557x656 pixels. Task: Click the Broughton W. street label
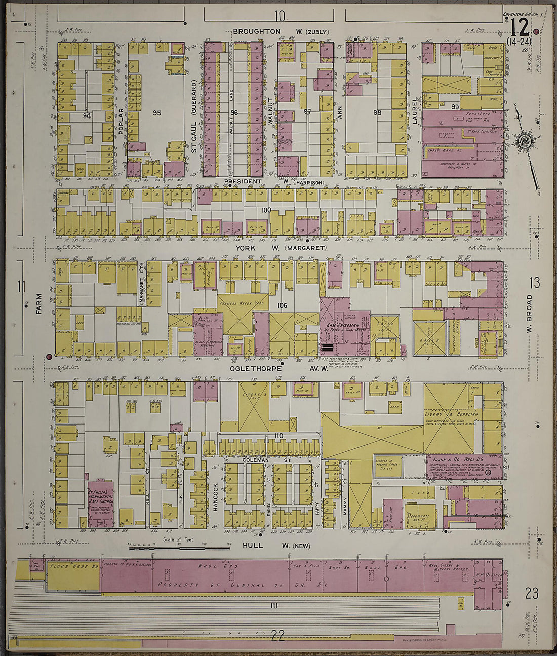[280, 32]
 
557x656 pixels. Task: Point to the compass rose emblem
[522, 139]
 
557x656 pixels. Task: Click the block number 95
[156, 113]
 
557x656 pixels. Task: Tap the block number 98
[377, 112]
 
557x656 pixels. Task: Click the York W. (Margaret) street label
[280, 248]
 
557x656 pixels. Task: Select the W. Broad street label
[529, 314]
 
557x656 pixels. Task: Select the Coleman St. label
[259, 460]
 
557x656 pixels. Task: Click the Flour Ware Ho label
[73, 566]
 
